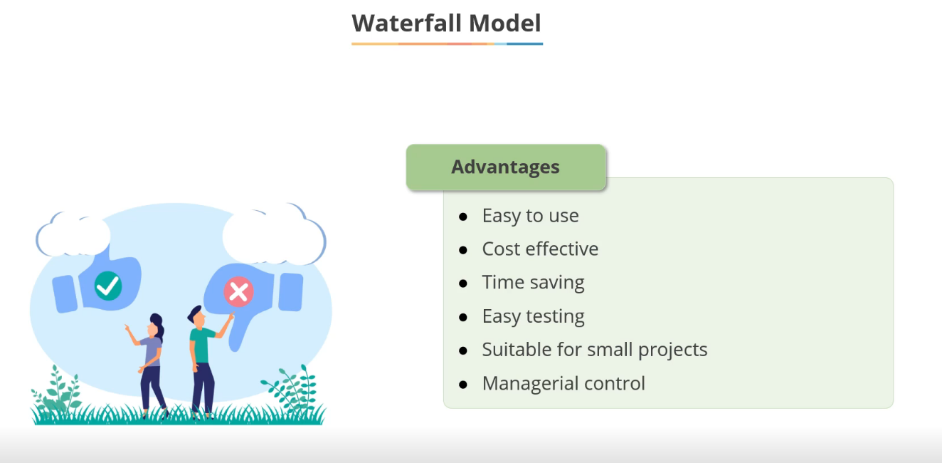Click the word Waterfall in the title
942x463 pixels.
click(x=406, y=23)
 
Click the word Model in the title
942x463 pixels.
click(x=504, y=23)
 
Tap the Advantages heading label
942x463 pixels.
click(x=505, y=167)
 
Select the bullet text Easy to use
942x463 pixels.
click(x=530, y=216)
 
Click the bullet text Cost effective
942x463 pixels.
click(x=540, y=249)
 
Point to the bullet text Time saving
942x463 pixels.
click(x=533, y=282)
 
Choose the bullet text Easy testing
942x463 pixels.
click(x=533, y=316)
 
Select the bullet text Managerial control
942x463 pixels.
click(x=563, y=383)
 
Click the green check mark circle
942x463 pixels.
click(x=108, y=286)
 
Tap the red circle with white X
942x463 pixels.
click(x=238, y=291)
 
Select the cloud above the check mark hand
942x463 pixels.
click(x=73, y=234)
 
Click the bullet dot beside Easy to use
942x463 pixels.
click(x=463, y=217)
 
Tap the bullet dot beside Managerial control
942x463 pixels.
click(x=463, y=385)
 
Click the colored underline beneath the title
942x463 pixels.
click(x=447, y=43)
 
